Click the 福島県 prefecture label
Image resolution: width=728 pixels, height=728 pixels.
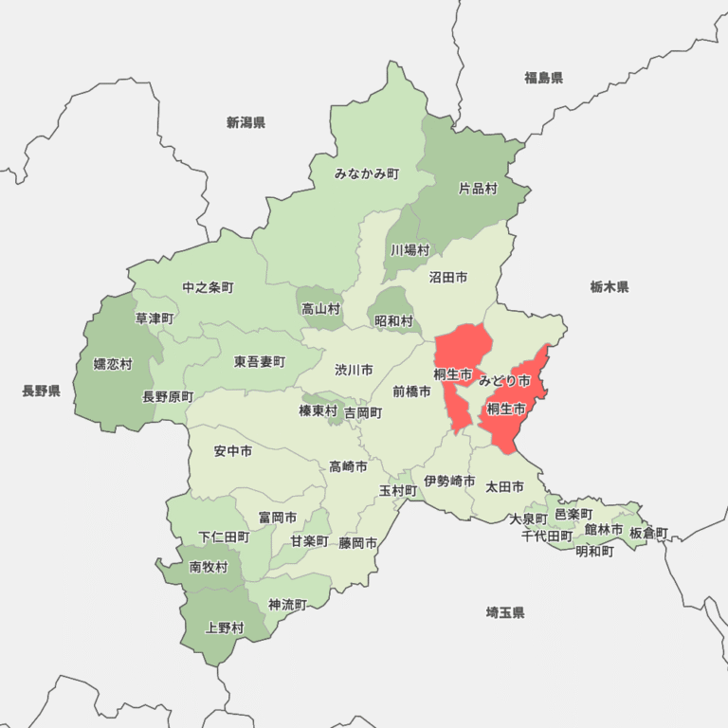(x=543, y=78)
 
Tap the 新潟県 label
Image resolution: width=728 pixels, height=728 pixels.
(x=246, y=122)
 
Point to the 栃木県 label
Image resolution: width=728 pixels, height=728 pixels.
(x=609, y=286)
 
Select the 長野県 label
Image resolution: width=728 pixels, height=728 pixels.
(x=41, y=391)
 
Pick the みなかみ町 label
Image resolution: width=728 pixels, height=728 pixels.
(x=367, y=173)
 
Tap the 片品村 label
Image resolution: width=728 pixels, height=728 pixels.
(x=478, y=189)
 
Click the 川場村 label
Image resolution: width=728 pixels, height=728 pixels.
(x=410, y=250)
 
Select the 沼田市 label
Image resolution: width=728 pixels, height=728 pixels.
(x=447, y=278)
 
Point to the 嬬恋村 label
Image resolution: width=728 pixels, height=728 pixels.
(x=113, y=364)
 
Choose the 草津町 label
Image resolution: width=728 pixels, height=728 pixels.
(x=154, y=318)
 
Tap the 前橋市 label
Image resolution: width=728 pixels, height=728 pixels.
(x=411, y=391)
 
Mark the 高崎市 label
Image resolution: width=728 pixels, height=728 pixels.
(x=348, y=466)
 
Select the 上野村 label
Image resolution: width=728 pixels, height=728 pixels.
(x=225, y=628)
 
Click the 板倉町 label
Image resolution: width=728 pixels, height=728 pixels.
(x=648, y=533)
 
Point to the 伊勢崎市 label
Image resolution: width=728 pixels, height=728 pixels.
(x=449, y=482)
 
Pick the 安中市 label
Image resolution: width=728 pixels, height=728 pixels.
(x=233, y=451)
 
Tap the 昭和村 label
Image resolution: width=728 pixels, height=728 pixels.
(x=393, y=321)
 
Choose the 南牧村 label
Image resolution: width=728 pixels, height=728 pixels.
(x=208, y=567)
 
